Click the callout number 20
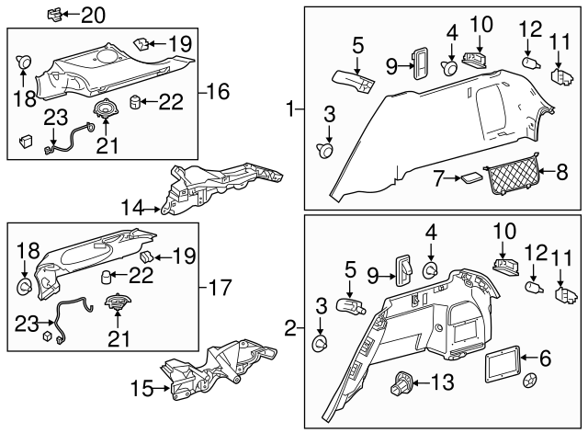pyautogui.click(x=94, y=15)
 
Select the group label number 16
pyautogui.click(x=219, y=92)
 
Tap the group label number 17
pyautogui.click(x=219, y=288)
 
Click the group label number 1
pyautogui.click(x=291, y=111)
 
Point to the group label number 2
pyautogui.click(x=291, y=327)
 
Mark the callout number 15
pyautogui.click(x=137, y=390)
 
